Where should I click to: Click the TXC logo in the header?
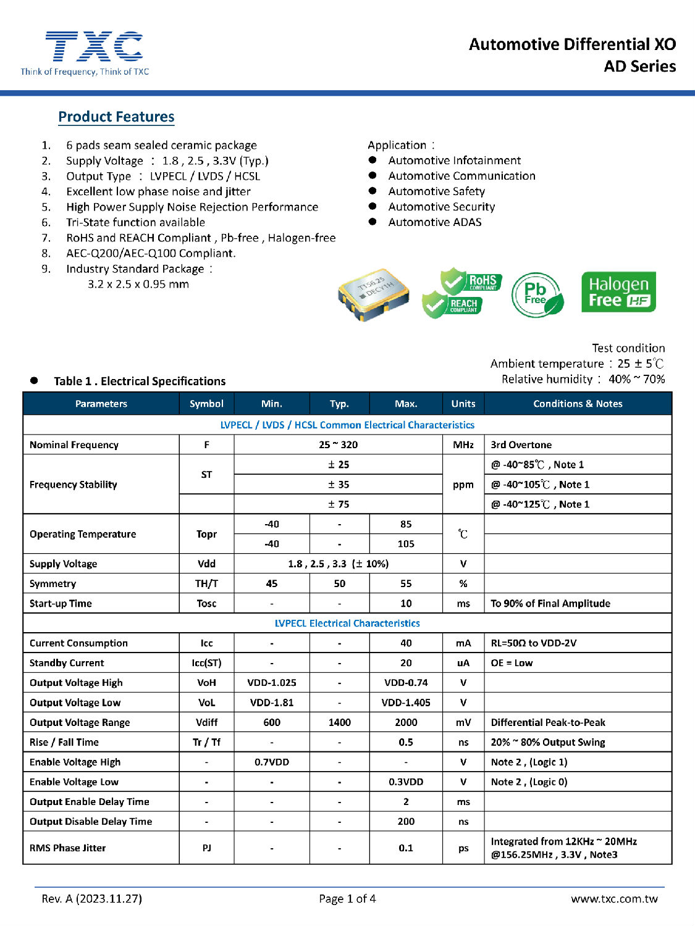pyautogui.click(x=93, y=47)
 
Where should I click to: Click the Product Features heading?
pyautogui.click(x=116, y=117)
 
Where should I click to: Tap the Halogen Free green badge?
pyautogui.click(x=618, y=292)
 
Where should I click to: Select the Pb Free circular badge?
pyautogui.click(x=537, y=294)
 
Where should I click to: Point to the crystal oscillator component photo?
pyautogui.click(x=374, y=293)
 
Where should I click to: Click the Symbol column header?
pyautogui.click(x=206, y=404)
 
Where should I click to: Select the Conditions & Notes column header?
pyautogui.click(x=578, y=404)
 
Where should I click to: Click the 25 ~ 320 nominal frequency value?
pyautogui.click(x=339, y=444)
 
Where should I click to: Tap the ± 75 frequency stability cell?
pyautogui.click(x=339, y=504)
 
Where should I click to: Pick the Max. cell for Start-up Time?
pyautogui.click(x=406, y=603)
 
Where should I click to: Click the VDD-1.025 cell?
pyautogui.click(x=272, y=682)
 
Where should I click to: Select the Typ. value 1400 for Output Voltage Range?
pyautogui.click(x=339, y=722)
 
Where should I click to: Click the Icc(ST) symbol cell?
pyautogui.click(x=206, y=662)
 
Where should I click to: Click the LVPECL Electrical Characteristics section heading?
pyautogui.click(x=347, y=623)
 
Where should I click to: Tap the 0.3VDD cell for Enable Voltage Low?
pyautogui.click(x=406, y=782)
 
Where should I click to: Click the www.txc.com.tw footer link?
pyautogui.click(x=614, y=899)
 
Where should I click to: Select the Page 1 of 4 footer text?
pyautogui.click(x=347, y=899)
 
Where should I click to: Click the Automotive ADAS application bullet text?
pyautogui.click(x=435, y=222)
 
